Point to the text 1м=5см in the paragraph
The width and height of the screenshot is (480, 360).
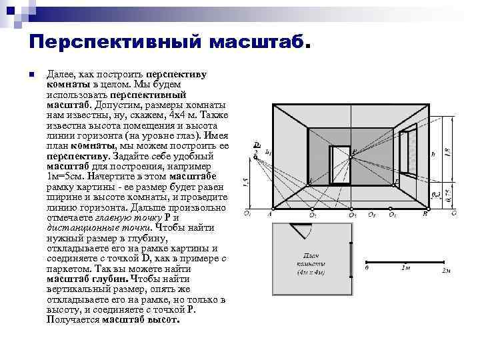64,175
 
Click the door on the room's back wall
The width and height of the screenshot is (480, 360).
340,164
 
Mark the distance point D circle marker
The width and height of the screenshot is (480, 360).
256,152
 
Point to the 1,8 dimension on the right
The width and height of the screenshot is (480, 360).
447,151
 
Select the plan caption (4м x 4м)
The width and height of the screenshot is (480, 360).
311,271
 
